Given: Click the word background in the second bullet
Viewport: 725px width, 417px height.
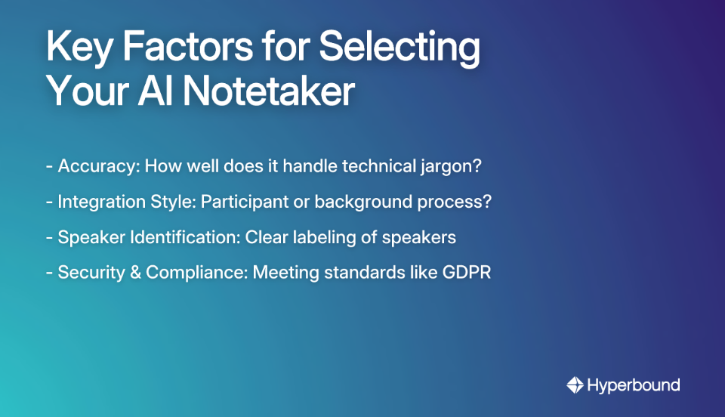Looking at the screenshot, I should click(x=366, y=202).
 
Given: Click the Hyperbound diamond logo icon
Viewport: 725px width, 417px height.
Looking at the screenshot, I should click(x=575, y=385).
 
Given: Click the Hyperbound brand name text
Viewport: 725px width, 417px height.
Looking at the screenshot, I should click(x=634, y=385).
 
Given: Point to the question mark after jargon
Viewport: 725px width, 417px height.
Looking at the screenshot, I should click(x=477, y=166).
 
